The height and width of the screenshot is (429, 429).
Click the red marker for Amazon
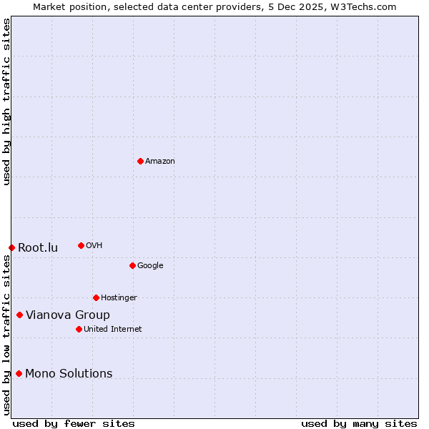[140, 161]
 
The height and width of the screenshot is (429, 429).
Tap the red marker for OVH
[81, 245]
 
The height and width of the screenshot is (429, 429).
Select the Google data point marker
[132, 265]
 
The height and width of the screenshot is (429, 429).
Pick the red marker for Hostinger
[96, 297]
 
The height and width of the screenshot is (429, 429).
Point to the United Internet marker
[79, 329]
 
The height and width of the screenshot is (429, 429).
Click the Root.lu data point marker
[11, 247]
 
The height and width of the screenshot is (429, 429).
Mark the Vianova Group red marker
[19, 315]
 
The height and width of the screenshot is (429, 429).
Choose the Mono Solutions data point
[19, 373]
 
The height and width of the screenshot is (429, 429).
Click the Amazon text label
[160, 162]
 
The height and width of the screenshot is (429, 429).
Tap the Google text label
[150, 266]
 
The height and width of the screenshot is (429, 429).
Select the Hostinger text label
[119, 298]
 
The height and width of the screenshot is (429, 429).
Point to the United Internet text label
[113, 330]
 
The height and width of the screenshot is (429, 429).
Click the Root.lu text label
[38, 248]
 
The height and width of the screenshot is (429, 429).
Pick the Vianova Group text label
[68, 315]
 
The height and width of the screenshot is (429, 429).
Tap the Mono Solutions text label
[69, 374]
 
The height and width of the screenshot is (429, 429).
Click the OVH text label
[94, 246]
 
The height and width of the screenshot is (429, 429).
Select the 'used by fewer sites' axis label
[74, 423]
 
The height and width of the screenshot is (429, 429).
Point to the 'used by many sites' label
[359, 423]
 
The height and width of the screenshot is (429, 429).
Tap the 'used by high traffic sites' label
[6, 102]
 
